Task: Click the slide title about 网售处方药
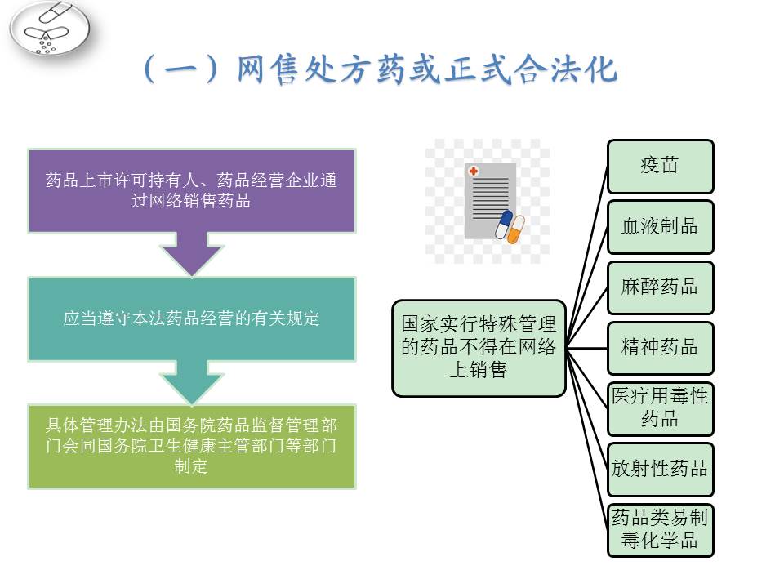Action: (x=380, y=69)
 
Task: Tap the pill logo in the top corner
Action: (x=50, y=29)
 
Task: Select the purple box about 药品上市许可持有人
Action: (x=191, y=190)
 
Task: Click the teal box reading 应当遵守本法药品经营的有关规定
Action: (x=191, y=318)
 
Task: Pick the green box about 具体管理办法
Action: (x=191, y=446)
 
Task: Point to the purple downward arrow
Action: (x=191, y=254)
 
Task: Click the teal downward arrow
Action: (x=191, y=382)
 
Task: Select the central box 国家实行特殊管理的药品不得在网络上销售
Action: (x=479, y=348)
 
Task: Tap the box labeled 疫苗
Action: (x=660, y=167)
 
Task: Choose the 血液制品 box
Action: (x=660, y=227)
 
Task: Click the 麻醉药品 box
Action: (x=660, y=287)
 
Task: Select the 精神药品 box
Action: (x=660, y=348)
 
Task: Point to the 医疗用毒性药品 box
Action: (x=660, y=409)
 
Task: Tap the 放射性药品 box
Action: (x=660, y=470)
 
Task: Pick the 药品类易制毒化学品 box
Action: (x=660, y=530)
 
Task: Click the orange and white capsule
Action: (x=516, y=229)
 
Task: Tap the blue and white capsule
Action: (x=504, y=224)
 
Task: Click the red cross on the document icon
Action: (x=473, y=171)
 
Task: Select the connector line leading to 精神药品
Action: (x=586, y=348)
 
